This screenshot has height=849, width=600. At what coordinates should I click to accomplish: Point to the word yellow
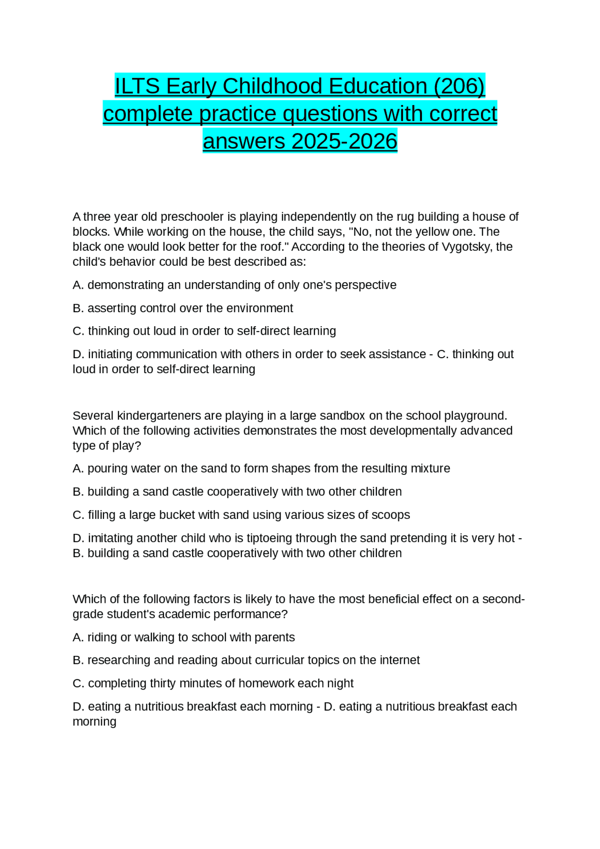[x=418, y=232]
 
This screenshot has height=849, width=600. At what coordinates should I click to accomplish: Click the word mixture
[x=430, y=468]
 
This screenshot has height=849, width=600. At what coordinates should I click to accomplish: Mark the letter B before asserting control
[x=77, y=308]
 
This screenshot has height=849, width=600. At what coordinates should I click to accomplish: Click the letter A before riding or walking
[x=77, y=638]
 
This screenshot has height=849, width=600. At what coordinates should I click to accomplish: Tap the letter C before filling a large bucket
[x=78, y=515]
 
